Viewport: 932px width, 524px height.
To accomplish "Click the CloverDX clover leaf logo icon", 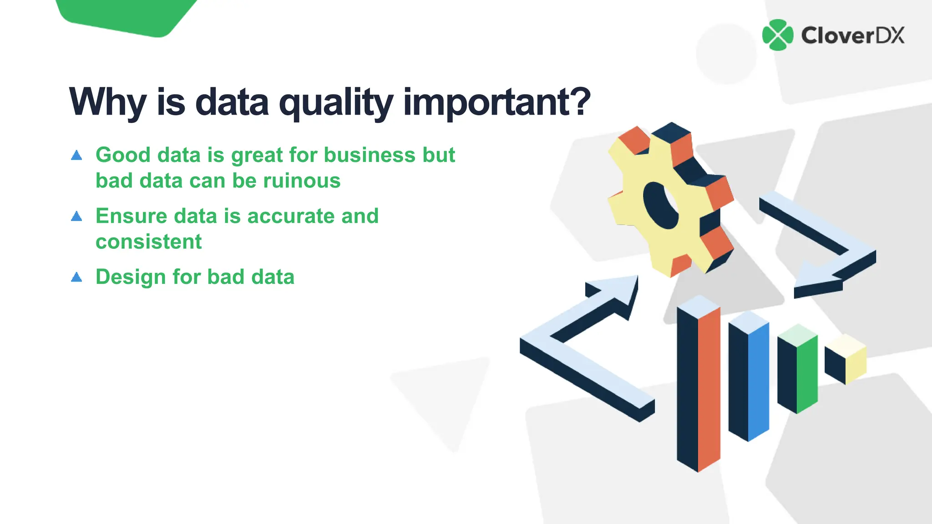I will tap(778, 35).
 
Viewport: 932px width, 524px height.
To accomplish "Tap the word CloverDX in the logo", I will tap(853, 35).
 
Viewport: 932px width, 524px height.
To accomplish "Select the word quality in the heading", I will tap(336, 102).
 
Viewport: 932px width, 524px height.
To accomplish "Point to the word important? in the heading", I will tap(497, 102).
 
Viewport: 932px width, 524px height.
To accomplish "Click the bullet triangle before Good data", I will tap(76, 156).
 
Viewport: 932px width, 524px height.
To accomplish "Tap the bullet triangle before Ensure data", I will tap(76, 217).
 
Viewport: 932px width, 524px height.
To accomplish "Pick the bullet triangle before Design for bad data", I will tap(76, 277).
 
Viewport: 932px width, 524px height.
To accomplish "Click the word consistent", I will tap(148, 242).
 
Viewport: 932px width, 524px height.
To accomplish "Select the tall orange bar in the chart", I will tap(709, 387).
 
